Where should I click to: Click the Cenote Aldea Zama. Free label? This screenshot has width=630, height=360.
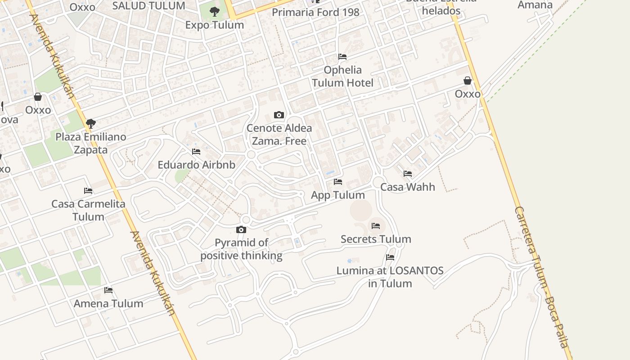pyautogui.click(x=279, y=135)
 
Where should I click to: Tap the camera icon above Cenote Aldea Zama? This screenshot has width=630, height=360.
pyautogui.click(x=279, y=115)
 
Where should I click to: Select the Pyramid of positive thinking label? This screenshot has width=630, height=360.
pyautogui.click(x=241, y=249)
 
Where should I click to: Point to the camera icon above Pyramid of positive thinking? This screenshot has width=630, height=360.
pyautogui.click(x=241, y=230)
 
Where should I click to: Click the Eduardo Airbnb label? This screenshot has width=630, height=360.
pyautogui.click(x=196, y=165)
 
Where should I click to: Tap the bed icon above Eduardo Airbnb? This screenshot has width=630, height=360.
pyautogui.click(x=196, y=152)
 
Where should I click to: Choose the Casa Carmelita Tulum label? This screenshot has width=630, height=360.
pyautogui.click(x=88, y=210)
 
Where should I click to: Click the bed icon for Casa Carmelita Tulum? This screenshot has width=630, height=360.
pyautogui.click(x=88, y=191)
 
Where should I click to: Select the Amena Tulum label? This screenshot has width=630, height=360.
pyautogui.click(x=108, y=304)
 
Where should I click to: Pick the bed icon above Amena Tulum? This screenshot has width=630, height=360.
pyautogui.click(x=108, y=290)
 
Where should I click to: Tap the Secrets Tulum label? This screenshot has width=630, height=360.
pyautogui.click(x=376, y=239)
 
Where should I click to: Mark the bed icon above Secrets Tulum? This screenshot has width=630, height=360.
pyautogui.click(x=376, y=226)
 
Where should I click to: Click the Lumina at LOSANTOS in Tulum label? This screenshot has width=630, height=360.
pyautogui.click(x=390, y=277)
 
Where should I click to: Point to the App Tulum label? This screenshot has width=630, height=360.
pyautogui.click(x=338, y=195)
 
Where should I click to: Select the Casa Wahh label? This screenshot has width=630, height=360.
pyautogui.click(x=408, y=187)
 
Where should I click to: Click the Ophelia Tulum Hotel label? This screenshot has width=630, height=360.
pyautogui.click(x=342, y=76)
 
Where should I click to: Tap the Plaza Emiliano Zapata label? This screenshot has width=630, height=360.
pyautogui.click(x=90, y=143)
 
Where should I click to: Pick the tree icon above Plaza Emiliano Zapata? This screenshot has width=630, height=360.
pyautogui.click(x=90, y=123)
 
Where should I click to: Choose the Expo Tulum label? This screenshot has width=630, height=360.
pyautogui.click(x=215, y=25)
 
